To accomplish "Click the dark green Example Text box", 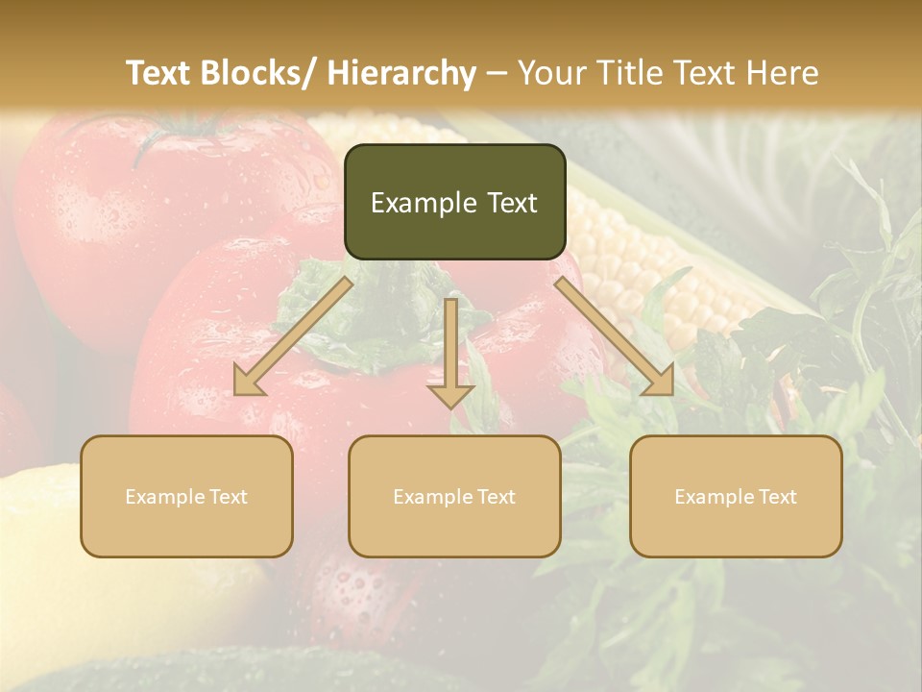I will [x=454, y=202].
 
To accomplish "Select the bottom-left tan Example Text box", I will [x=186, y=496].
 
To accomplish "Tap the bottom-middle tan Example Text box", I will [x=454, y=496].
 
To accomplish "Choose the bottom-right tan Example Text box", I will [x=736, y=496].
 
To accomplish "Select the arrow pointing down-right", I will [x=615, y=337].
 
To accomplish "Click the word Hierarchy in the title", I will [x=401, y=73].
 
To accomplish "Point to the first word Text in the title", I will [x=158, y=73].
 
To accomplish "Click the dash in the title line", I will [x=497, y=73].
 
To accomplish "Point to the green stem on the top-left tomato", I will [x=173, y=135].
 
